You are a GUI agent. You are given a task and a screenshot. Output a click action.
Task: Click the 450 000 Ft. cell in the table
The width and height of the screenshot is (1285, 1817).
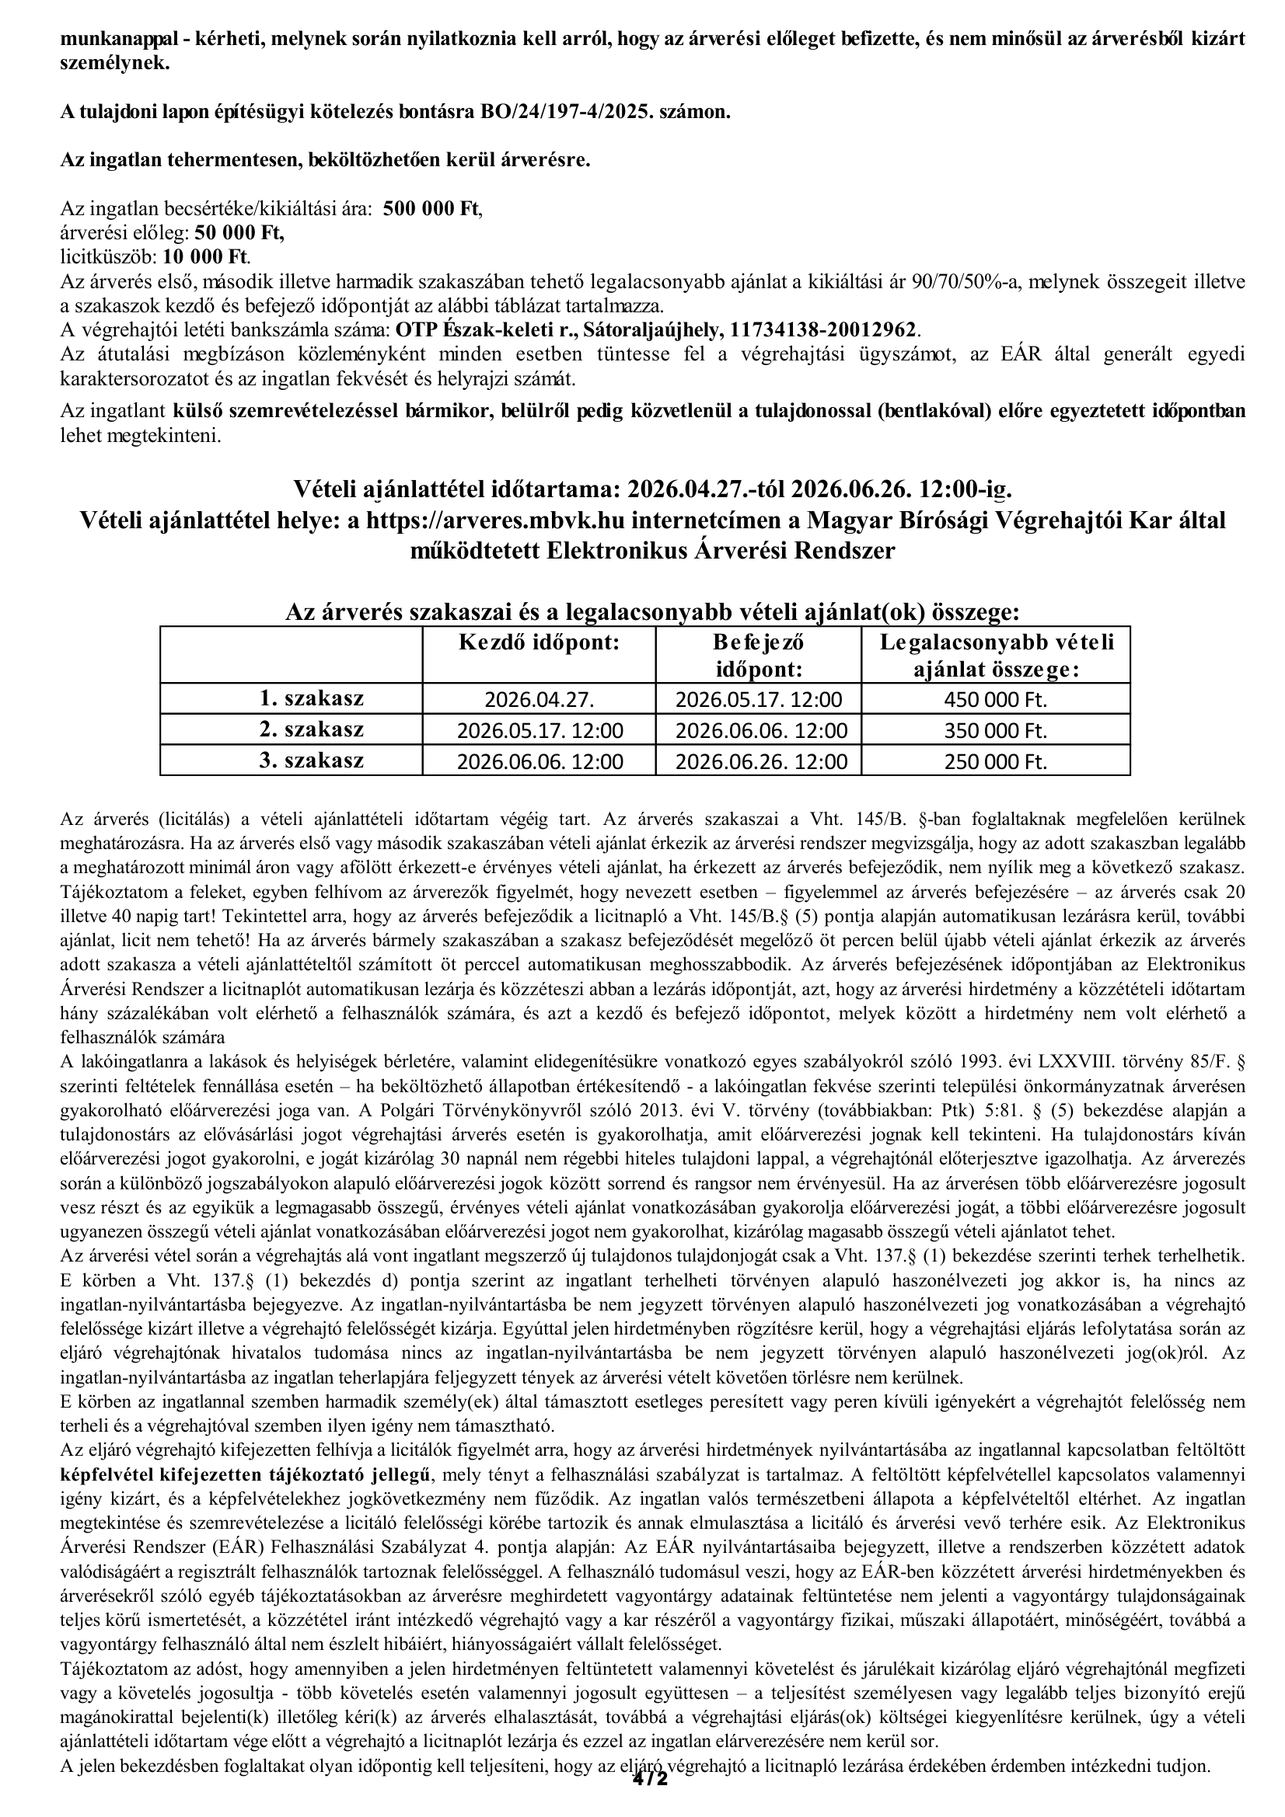(x=995, y=700)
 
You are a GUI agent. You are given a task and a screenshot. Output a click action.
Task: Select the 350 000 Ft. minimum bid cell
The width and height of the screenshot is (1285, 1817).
(x=995, y=730)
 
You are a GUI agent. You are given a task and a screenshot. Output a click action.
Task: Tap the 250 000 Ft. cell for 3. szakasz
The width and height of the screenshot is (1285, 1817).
(x=995, y=761)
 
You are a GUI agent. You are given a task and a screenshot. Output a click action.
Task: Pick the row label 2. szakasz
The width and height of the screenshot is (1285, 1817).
(x=312, y=729)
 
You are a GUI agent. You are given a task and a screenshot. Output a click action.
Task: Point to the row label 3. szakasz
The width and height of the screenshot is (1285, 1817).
(x=312, y=761)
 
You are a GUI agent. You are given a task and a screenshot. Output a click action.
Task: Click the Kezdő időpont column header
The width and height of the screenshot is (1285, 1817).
(x=539, y=642)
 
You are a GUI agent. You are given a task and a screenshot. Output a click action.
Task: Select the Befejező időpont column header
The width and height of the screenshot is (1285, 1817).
(x=759, y=656)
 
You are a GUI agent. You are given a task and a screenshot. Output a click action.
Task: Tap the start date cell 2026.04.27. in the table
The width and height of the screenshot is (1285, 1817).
(x=539, y=700)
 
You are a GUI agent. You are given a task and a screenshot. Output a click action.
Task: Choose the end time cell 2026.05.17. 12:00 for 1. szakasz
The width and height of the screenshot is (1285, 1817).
(x=759, y=700)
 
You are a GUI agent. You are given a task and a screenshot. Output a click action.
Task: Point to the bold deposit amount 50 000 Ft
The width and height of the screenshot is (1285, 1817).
(x=239, y=233)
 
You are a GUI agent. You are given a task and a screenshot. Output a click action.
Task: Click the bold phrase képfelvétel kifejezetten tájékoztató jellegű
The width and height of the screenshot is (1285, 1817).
(x=246, y=1474)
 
